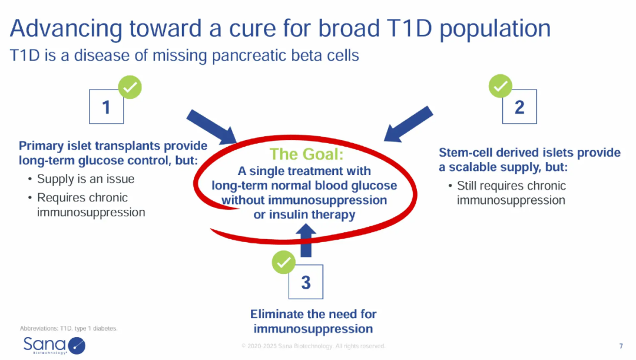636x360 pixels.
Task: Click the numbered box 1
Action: [106, 106]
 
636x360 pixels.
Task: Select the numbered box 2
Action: [519, 106]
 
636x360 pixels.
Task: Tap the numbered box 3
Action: [306, 282]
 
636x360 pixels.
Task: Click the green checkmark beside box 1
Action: [130, 87]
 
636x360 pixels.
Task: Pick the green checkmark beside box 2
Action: [501, 86]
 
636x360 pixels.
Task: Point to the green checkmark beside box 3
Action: [283, 262]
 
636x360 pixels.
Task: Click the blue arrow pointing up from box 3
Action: [306, 240]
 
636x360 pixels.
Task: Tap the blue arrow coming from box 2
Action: [408, 124]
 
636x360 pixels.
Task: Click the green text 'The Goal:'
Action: [306, 154]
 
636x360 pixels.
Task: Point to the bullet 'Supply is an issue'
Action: [85, 179]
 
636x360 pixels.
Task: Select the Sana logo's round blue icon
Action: [77, 346]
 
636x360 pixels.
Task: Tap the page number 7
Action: [621, 346]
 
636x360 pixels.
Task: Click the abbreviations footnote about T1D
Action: [68, 328]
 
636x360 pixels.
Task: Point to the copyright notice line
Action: [313, 346]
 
